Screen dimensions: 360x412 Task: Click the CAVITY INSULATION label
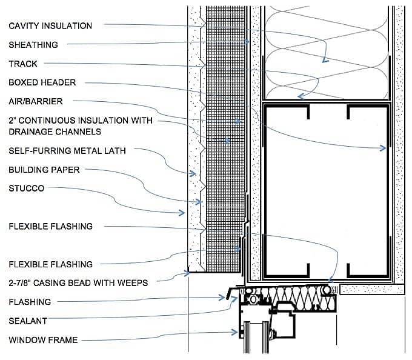click(50, 26)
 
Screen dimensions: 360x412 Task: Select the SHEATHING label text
click(33, 45)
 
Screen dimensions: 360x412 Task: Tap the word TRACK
click(23, 64)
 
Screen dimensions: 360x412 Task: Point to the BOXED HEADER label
click(42, 82)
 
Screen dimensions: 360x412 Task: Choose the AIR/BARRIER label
click(36, 101)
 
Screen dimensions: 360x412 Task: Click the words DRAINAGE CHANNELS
click(55, 132)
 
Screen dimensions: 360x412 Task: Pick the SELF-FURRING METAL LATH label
click(67, 150)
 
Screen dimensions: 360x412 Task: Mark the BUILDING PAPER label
click(44, 170)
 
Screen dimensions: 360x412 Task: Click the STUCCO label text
click(27, 188)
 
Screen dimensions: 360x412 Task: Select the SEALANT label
click(28, 321)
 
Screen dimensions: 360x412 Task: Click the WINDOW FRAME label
click(43, 340)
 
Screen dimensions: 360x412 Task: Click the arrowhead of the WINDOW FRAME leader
click(236, 332)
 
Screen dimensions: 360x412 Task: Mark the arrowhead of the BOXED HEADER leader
click(384, 147)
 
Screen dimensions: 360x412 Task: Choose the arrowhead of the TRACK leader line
click(299, 95)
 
